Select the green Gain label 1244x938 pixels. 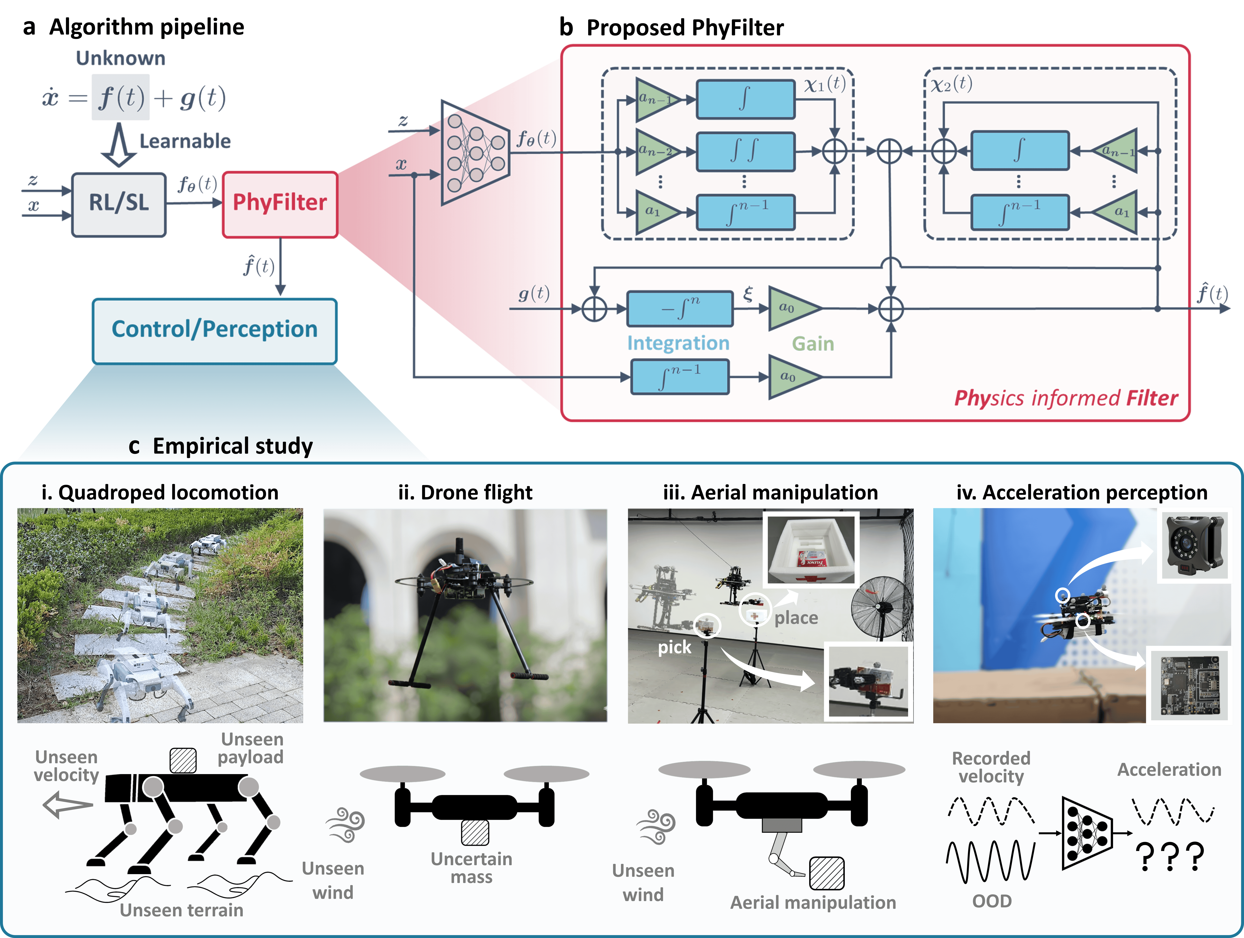click(813, 344)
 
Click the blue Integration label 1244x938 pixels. click(678, 343)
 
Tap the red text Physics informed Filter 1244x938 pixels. click(1066, 398)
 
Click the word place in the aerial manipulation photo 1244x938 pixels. click(796, 618)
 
